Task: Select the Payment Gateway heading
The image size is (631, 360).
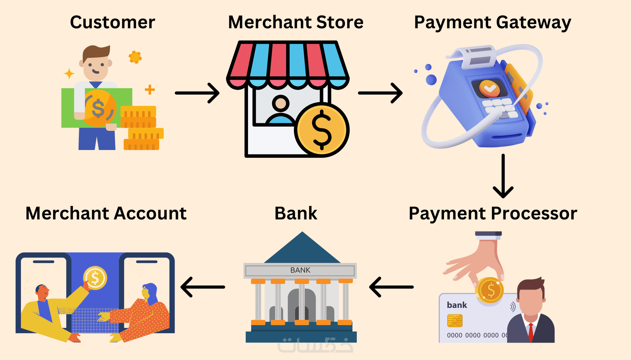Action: coord(493,23)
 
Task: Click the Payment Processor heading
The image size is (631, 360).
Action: coord(493,213)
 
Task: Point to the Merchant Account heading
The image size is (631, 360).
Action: coord(106,213)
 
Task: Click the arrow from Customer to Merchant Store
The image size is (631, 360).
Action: coord(197,93)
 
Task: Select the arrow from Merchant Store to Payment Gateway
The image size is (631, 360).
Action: coord(380,93)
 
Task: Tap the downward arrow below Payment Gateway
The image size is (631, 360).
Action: coord(503,176)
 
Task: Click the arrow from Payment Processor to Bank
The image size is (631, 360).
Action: coord(391,287)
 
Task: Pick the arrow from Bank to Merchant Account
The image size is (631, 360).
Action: coord(203,287)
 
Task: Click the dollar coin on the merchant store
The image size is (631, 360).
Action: coord(322,130)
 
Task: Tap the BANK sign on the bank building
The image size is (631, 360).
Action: coord(300,270)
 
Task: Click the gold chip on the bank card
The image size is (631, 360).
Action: coord(455,321)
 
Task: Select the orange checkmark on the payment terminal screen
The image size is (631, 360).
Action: coord(490,88)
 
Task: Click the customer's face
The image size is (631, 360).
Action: coord(96,67)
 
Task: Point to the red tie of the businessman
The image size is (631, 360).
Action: coord(531,333)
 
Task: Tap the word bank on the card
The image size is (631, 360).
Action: coord(457,305)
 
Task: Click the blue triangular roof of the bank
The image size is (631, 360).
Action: coord(302,247)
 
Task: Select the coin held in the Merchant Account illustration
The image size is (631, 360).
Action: coord(95,278)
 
